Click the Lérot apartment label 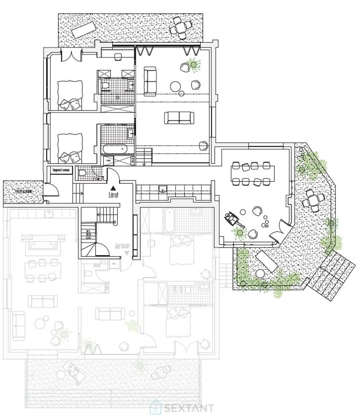113,195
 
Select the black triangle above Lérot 113,188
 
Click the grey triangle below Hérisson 126,253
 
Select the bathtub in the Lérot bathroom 114,149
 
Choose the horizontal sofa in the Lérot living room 179,118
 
